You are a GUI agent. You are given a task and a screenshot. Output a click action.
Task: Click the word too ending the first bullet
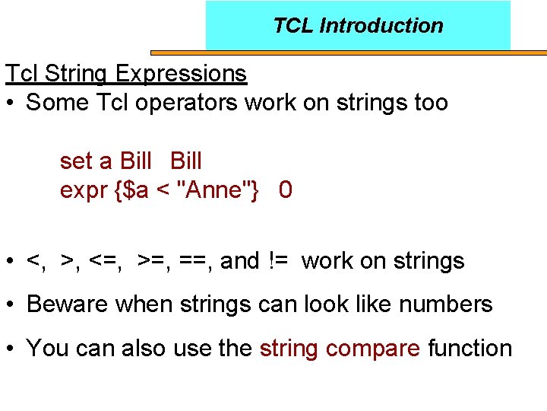pos(431,103)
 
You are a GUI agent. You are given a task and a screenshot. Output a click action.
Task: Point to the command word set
pos(76,161)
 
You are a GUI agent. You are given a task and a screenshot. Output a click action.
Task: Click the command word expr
pos(84,190)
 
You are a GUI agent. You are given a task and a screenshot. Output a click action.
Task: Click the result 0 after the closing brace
pos(285,190)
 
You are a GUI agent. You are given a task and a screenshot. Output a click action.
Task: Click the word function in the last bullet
pos(470,349)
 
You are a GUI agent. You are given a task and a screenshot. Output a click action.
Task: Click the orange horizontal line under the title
pos(349,53)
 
